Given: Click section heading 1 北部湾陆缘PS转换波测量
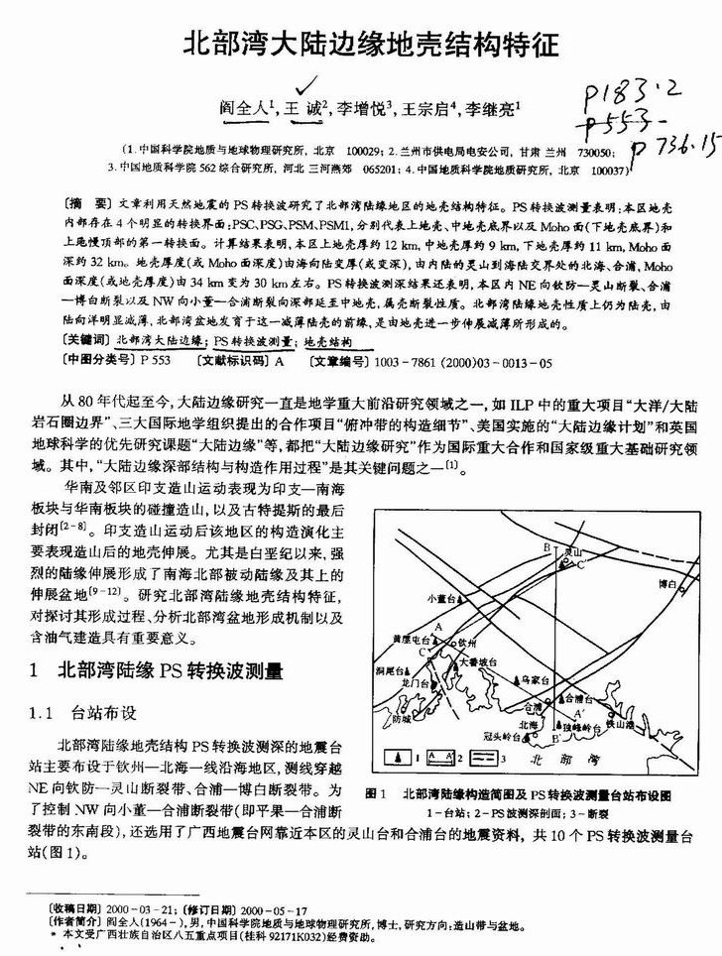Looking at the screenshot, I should click(x=172, y=671).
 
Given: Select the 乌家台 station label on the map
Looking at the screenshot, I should click(x=537, y=679).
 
